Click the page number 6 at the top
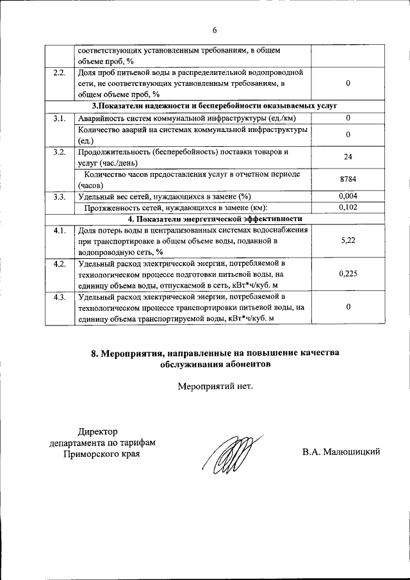pos(215,30)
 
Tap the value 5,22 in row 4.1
pos(348,241)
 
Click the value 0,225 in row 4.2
pos(348,274)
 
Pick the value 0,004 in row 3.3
pos(348,196)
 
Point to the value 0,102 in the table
pos(348,207)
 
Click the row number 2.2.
pos(60,72)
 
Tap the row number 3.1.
pos(60,118)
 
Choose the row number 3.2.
pos(60,152)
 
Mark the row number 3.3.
pos(60,196)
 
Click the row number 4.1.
pos(60,230)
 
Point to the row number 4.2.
pos(60,263)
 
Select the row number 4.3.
pos(60,297)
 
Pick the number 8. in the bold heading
pos(97,352)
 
